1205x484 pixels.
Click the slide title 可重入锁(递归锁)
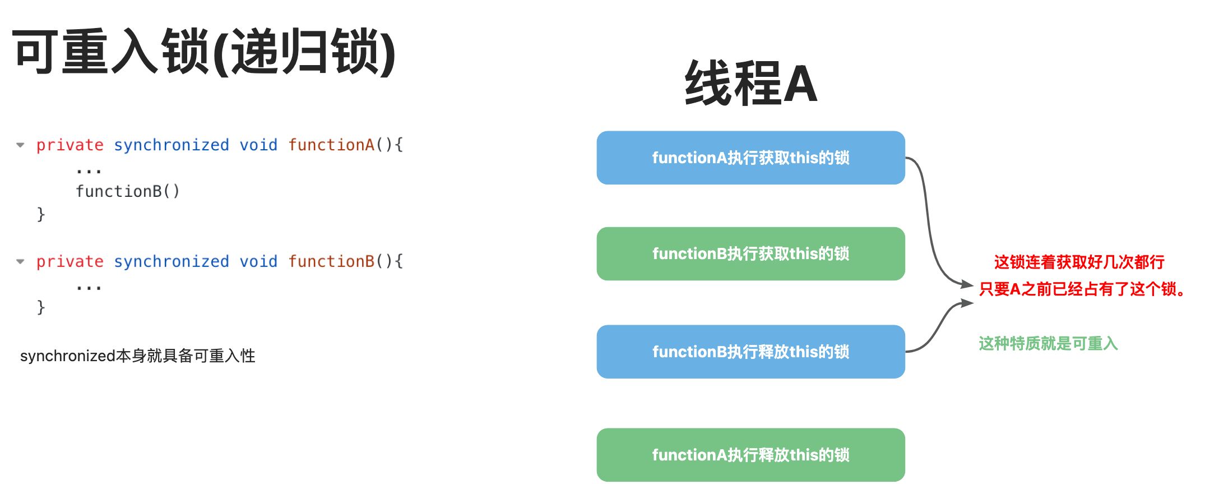[x=204, y=52]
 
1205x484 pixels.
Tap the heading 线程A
[x=750, y=84]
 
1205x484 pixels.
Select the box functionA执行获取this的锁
[x=750, y=158]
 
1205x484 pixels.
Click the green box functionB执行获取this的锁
[x=750, y=253]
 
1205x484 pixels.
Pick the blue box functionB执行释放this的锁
[x=750, y=352]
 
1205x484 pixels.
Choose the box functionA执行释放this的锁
[x=750, y=455]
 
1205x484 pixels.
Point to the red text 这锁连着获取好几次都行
[x=1079, y=262]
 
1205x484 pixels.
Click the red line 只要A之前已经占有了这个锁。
[x=1082, y=289]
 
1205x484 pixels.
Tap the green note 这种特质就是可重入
[x=1048, y=343]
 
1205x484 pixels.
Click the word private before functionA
[x=69, y=145]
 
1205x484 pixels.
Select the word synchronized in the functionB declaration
[x=171, y=262]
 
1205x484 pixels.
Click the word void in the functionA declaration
[x=258, y=145]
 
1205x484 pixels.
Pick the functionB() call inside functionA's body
[x=127, y=192]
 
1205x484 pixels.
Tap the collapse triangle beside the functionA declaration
[x=21, y=145]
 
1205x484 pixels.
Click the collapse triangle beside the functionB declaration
[x=21, y=262]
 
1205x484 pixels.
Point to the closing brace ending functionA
[x=41, y=214]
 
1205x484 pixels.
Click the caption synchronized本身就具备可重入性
[x=137, y=356]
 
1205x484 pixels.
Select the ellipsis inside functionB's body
[x=89, y=288]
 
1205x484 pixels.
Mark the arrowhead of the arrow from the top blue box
[x=967, y=284]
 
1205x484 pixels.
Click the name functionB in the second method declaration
[x=331, y=262]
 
